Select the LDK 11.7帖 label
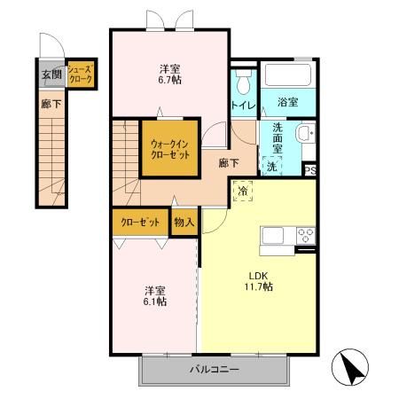(259, 281)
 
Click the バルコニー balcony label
(213, 369)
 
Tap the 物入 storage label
(184, 222)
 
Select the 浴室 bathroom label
(286, 101)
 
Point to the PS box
(309, 171)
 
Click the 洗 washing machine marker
(271, 166)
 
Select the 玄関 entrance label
(49, 75)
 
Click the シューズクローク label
(79, 74)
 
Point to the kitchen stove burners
(305, 235)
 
